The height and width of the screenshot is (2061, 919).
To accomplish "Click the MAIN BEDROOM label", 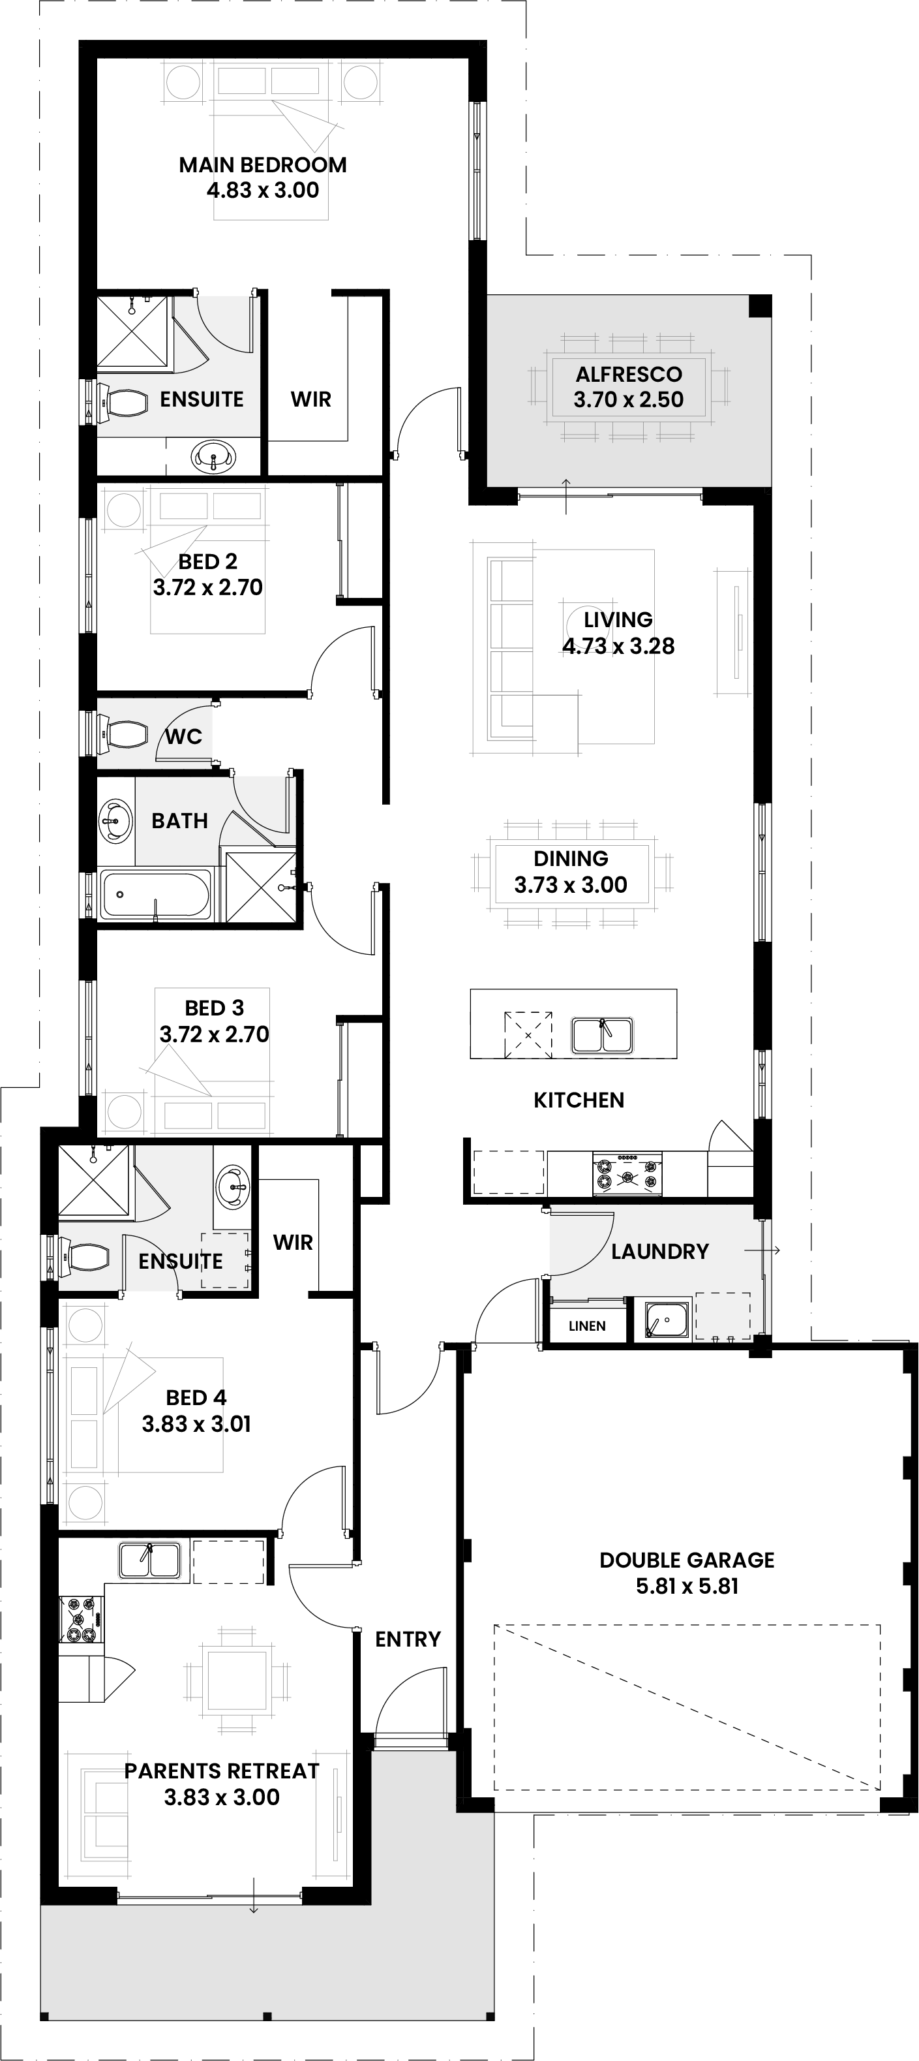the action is [x=262, y=165].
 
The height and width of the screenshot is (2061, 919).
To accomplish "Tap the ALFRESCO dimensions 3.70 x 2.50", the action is [x=629, y=399].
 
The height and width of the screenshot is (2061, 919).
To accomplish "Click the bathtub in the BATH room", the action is [x=155, y=895].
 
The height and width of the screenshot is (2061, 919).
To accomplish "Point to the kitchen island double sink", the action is [x=602, y=1034].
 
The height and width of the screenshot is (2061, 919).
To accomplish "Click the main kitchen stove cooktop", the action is [x=627, y=1173].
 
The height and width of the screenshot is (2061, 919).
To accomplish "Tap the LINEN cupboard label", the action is [x=587, y=1325].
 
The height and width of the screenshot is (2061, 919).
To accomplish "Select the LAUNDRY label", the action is [x=660, y=1251].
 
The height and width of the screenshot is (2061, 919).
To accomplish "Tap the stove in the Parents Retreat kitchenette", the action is [x=81, y=1620].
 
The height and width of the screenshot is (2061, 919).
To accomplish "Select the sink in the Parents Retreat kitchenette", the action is [x=149, y=1560].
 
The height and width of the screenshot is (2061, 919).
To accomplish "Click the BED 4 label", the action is [x=196, y=1398].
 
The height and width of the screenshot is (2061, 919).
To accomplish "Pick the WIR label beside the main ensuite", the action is [x=311, y=399].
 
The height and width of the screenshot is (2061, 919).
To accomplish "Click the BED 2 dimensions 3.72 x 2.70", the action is [x=208, y=587].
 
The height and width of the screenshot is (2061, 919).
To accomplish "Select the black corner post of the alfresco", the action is [x=760, y=307].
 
